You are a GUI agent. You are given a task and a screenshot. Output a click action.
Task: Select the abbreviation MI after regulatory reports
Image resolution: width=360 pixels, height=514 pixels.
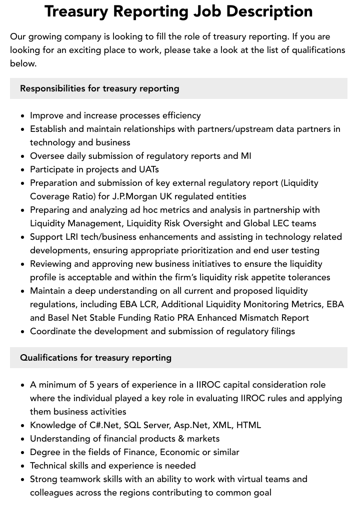click(245, 156)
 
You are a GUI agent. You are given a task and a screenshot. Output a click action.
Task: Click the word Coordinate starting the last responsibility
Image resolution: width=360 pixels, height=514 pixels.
click(54, 331)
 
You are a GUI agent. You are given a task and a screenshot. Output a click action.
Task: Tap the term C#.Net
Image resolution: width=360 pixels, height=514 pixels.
click(100, 425)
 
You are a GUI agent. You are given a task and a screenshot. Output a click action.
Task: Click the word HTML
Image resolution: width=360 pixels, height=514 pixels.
click(248, 425)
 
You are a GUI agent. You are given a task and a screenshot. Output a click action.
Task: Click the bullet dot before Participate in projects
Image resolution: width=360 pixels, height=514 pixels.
click(23, 170)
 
